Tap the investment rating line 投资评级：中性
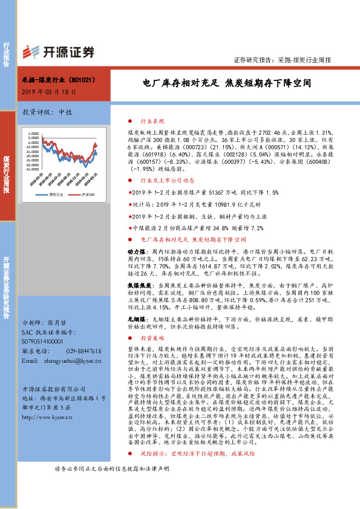point(47,112)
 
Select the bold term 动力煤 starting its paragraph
point(136,250)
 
